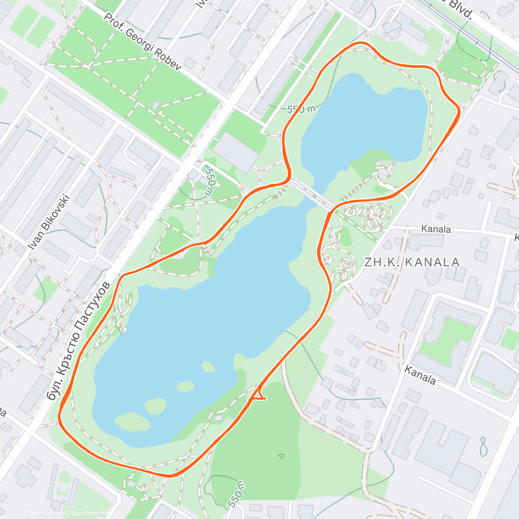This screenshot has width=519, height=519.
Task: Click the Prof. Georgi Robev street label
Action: click(x=143, y=41)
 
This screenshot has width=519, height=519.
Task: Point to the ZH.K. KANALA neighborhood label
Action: click(x=412, y=262)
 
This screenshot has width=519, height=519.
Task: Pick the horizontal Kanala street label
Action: click(x=436, y=229)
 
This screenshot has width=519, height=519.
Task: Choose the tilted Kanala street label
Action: click(x=420, y=375)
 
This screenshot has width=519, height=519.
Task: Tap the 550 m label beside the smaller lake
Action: click(x=301, y=109)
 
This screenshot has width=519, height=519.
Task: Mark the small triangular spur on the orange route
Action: click(x=259, y=394)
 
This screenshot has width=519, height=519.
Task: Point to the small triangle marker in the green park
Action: click(x=282, y=456)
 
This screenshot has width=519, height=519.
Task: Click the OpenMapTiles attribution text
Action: click(x=42, y=513)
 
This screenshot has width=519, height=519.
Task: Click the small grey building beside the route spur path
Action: click(x=218, y=418)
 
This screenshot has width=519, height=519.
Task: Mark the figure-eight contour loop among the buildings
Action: click(x=483, y=447)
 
